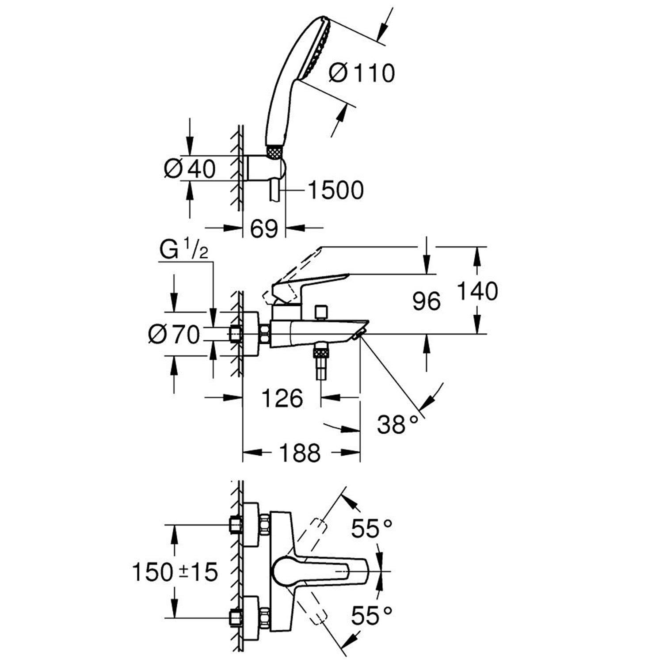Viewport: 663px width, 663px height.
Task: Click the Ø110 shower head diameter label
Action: coord(362,72)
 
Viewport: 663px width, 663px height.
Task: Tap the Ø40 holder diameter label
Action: coord(190,168)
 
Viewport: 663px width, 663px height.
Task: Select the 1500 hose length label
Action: coord(335,190)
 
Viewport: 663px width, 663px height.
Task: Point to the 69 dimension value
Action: coord(264,229)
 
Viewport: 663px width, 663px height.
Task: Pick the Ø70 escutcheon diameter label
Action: coord(174,335)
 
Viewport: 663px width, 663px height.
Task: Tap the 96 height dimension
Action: coord(426,301)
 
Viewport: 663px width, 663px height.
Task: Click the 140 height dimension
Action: coord(477,291)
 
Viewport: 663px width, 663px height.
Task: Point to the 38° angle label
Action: coord(397,425)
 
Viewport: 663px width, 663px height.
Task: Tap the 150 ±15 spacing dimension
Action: coord(175,572)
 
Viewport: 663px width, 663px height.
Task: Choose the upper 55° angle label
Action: coord(371,528)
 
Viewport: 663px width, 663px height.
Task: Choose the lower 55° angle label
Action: coord(371,615)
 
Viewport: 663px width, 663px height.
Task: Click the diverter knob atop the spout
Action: coord(321,311)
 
